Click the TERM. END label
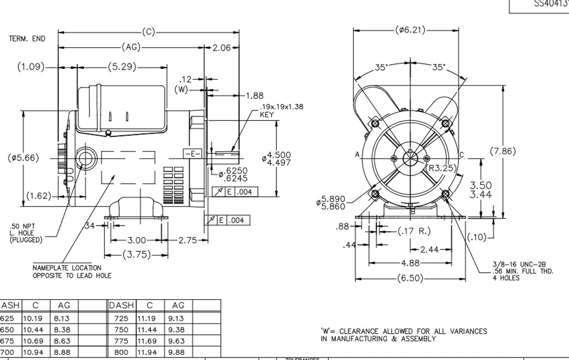tap(27, 39)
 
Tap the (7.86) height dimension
tap(503, 151)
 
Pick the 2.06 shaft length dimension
tap(221, 48)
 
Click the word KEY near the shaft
tap(267, 115)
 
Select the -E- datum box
tap(192, 154)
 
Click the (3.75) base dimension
tap(136, 255)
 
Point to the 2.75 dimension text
tap(187, 240)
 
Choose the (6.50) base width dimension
tap(410, 279)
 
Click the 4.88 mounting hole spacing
tap(411, 263)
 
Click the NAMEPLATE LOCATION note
tap(67, 268)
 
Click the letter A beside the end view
tap(357, 154)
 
